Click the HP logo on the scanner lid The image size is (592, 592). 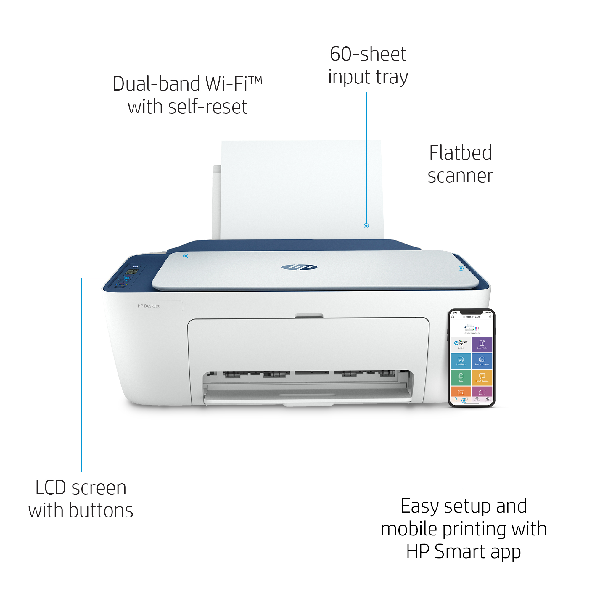[x=299, y=267]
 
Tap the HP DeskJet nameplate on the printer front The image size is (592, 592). [x=149, y=306]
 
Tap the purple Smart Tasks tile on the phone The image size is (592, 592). [x=482, y=344]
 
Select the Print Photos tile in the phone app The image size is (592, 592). [x=461, y=361]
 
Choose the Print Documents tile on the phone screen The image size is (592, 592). [x=482, y=361]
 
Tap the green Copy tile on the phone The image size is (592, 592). [x=461, y=377]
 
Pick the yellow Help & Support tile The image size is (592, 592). [x=482, y=377]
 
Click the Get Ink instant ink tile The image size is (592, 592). [x=461, y=344]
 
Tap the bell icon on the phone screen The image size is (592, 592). [x=453, y=317]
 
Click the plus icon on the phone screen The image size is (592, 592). [x=490, y=317]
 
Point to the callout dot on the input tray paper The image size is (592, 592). [x=366, y=226]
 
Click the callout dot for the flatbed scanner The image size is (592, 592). [x=461, y=268]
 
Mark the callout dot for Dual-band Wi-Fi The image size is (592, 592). [x=186, y=256]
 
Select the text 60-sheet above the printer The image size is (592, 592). [x=368, y=54]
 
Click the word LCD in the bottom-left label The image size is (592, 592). [x=51, y=488]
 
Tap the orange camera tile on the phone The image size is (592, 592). [x=461, y=392]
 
